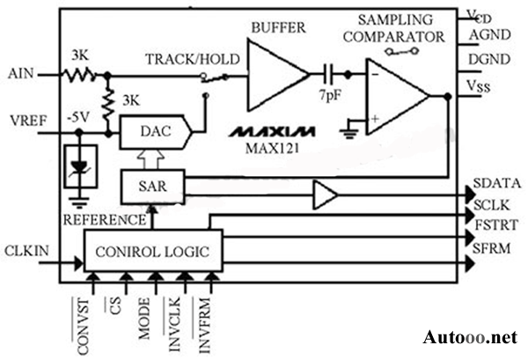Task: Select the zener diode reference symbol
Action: [82, 171]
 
